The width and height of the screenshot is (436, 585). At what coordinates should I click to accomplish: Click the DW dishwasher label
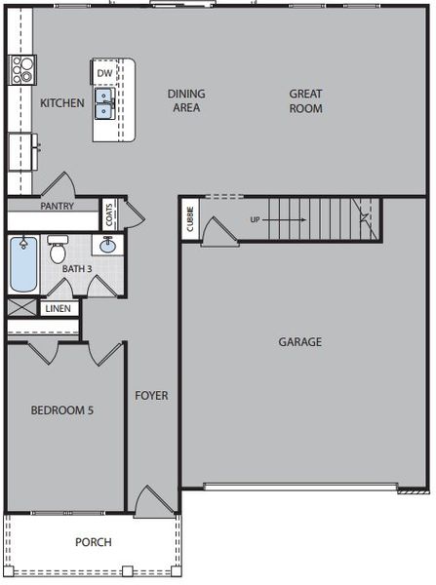[104, 73]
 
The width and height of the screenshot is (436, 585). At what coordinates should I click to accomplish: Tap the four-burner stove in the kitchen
[21, 68]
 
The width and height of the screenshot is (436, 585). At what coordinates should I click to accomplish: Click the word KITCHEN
[61, 102]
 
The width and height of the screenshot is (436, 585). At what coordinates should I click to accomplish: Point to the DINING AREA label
[185, 100]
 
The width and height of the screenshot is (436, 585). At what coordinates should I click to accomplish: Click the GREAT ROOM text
[305, 100]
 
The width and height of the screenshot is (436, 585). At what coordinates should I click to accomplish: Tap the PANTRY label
[59, 207]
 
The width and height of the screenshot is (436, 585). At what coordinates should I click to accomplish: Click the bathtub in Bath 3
[22, 264]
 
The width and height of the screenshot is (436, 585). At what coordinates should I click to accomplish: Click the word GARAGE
[299, 342]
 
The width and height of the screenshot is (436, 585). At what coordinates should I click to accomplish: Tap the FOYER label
[151, 396]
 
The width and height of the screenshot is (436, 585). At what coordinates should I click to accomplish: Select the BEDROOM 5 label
[61, 410]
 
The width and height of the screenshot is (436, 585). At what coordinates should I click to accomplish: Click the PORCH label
[93, 542]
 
